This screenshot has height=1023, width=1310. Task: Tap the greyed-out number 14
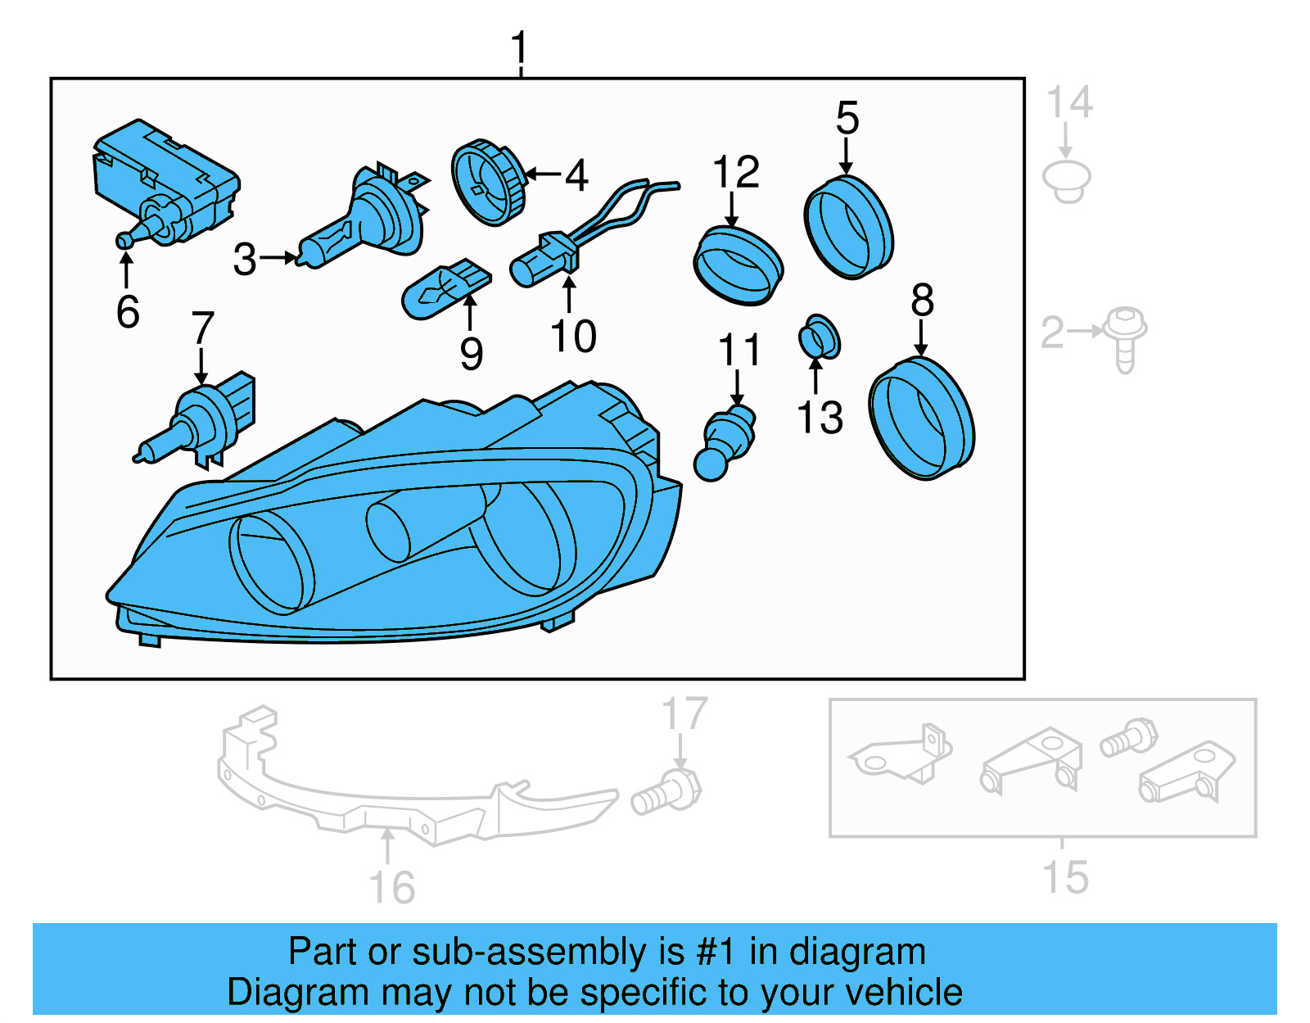[1068, 103]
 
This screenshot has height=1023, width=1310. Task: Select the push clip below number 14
[1066, 181]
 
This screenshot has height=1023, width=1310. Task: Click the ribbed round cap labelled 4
[489, 182]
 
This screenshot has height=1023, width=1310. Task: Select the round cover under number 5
[849, 226]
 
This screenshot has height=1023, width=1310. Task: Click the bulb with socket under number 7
[201, 423]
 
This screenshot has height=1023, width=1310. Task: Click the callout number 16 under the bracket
[392, 888]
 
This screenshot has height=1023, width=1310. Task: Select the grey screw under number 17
[666, 792]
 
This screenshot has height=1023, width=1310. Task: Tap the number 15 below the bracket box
[1065, 877]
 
